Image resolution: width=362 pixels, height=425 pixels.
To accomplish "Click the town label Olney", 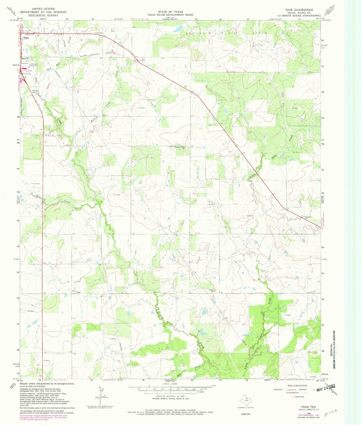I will pos(26,38).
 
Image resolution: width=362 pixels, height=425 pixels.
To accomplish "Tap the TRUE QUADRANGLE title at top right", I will pos(299,10).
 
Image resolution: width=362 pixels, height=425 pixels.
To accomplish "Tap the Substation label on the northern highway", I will pos(99,33).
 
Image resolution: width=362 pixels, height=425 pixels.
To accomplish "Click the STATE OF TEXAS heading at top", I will pos(170,12).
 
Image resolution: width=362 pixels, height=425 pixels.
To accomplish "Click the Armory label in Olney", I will pos(25,63).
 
